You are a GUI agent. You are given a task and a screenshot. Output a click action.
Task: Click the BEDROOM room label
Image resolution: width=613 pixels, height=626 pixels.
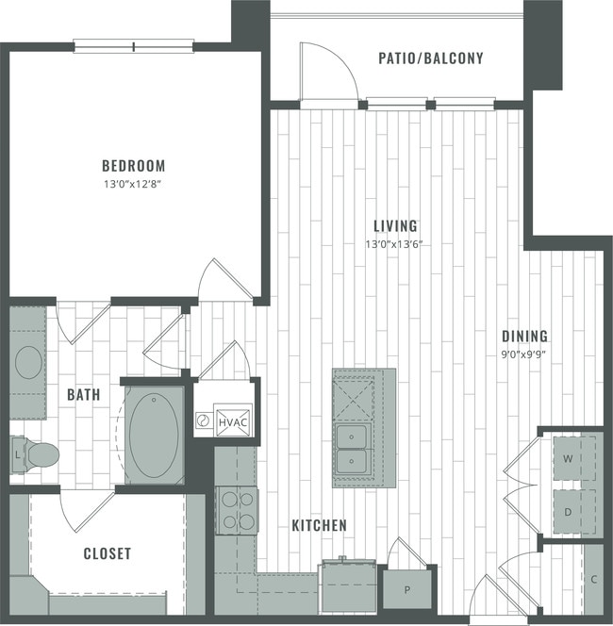coord(134,164)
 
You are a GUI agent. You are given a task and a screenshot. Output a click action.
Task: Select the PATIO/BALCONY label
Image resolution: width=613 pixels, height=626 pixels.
coord(430,58)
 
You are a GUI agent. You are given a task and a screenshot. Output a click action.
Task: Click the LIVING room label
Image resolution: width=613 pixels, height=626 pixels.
coord(395,226)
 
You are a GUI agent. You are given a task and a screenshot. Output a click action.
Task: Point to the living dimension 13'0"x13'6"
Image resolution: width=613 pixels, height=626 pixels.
coord(395,244)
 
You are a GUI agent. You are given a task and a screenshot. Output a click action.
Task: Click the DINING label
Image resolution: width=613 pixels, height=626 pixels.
coord(524,337)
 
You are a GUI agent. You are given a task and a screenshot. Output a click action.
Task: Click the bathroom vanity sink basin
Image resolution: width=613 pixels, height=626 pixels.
coord(29,362)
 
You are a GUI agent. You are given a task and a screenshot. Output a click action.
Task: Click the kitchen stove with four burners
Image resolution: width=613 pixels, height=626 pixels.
coord(237,510)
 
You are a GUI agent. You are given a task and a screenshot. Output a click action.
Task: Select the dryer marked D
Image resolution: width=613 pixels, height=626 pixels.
coord(569,511)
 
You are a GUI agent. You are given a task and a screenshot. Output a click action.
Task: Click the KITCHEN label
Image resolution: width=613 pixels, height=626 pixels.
coord(318,525)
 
